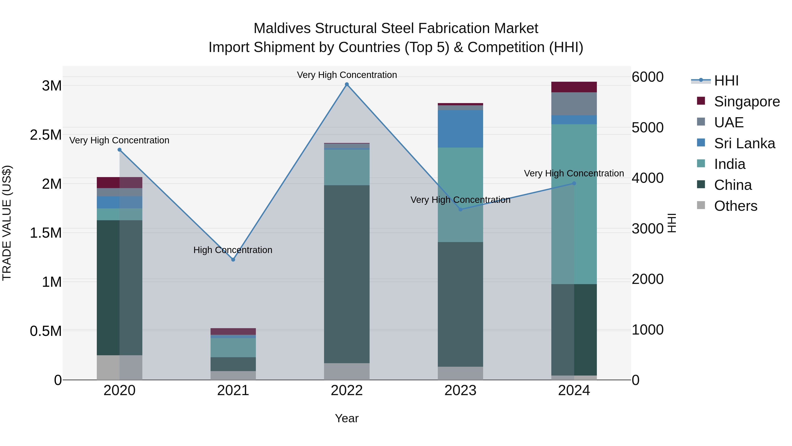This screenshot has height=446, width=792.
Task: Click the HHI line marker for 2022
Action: (347, 84)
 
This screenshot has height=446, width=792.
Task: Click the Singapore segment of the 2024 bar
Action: (574, 87)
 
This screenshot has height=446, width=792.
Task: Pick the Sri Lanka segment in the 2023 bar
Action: (460, 129)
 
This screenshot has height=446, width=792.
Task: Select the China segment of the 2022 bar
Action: (347, 274)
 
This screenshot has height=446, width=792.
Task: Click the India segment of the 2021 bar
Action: (233, 348)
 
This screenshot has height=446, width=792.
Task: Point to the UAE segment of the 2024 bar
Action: (574, 104)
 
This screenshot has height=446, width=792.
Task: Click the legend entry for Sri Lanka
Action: (744, 143)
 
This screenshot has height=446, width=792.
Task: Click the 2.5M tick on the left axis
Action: (46, 135)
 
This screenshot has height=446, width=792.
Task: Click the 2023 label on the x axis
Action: (460, 390)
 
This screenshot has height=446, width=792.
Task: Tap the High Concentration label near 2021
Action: (233, 250)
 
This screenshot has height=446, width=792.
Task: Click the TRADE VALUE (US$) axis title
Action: (7, 223)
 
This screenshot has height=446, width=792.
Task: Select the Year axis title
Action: (346, 418)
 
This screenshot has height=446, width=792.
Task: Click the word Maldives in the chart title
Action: (282, 28)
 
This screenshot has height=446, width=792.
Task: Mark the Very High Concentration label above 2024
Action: (574, 173)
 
